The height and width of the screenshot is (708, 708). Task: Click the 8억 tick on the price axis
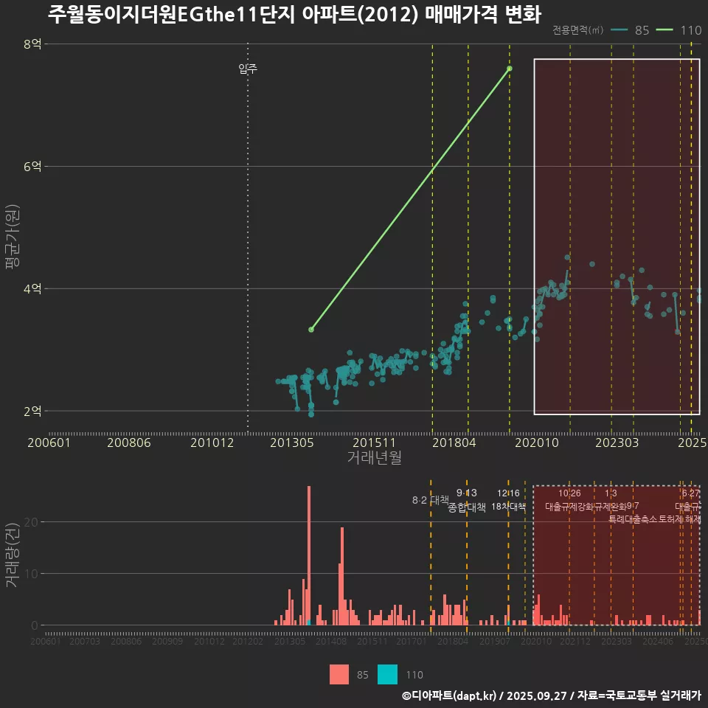[x=32, y=44]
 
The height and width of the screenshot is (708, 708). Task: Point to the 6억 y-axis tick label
[x=32, y=167]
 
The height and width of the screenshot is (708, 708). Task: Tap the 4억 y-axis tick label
[x=32, y=288]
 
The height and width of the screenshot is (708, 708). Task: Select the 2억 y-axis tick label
[x=32, y=411]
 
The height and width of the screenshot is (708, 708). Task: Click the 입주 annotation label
[x=248, y=69]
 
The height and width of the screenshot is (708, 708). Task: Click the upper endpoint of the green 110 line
[x=510, y=69]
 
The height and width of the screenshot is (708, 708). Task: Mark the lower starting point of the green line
[x=311, y=330]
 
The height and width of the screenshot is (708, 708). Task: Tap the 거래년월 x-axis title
[x=374, y=458]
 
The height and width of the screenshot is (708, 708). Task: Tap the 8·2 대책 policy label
[x=430, y=500]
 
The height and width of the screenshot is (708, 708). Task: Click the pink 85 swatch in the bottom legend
[x=339, y=674]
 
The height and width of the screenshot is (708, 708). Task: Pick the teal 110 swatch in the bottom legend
[x=387, y=674]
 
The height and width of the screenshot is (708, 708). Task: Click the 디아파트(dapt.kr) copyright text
[x=450, y=695]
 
